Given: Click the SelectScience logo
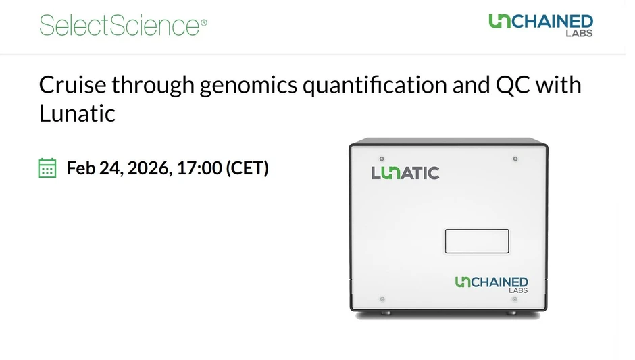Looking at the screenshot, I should point(120,26).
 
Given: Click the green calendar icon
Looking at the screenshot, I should point(47,168).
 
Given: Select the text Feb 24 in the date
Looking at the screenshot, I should point(91,168).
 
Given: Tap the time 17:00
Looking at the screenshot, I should point(199,168).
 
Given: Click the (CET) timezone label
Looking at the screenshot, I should point(247,168).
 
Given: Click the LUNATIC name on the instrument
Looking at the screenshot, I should point(405,173).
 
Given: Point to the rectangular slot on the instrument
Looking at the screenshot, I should point(476,241).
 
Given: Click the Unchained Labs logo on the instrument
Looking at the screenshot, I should point(491,284).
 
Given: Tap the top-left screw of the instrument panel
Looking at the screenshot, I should point(382,159).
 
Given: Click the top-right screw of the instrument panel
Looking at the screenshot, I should point(515,159).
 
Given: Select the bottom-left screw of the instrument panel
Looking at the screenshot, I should point(382,299).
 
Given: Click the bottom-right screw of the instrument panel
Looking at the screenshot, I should point(515,299).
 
